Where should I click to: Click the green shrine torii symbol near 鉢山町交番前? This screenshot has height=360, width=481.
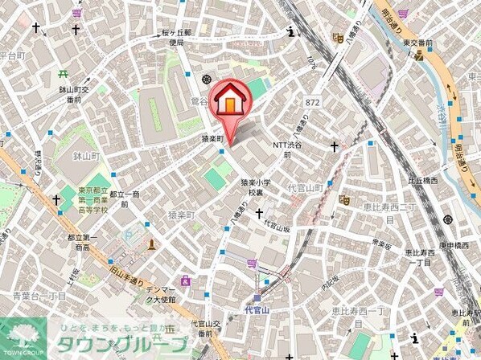coord(63,75)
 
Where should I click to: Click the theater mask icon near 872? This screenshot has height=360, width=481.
coord(339,37)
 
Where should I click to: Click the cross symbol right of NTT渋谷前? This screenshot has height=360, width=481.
coord(334,147)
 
